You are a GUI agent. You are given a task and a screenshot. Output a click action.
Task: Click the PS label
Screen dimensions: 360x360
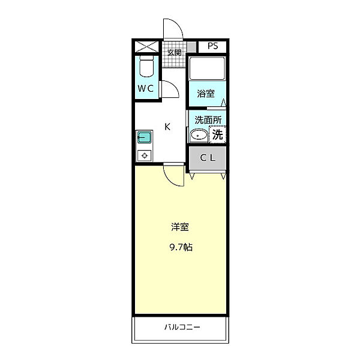click(212, 46)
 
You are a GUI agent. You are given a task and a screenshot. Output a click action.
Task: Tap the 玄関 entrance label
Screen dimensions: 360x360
click(174, 53)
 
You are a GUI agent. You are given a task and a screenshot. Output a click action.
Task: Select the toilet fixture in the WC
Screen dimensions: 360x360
click(146, 66)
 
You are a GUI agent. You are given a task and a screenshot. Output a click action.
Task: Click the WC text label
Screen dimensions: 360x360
click(146, 88)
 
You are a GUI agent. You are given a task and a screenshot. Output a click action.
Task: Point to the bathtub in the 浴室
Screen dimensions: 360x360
click(207, 68)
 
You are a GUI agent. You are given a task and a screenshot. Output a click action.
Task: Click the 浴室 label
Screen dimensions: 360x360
click(206, 94)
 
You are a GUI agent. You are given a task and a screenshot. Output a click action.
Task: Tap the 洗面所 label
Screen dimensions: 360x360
click(208, 120)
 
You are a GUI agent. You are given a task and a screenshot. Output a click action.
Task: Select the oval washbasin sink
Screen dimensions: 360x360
click(199, 135)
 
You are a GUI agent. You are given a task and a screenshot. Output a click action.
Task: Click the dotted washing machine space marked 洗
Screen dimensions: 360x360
click(217, 134)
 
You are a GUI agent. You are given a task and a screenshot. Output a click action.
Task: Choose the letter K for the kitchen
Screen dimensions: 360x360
click(167, 127)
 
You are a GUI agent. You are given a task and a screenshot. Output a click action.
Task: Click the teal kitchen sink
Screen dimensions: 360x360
click(144, 137)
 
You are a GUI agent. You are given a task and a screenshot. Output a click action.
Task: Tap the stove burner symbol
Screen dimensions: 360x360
click(145, 155)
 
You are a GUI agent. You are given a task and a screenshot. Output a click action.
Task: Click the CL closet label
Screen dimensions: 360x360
click(208, 158)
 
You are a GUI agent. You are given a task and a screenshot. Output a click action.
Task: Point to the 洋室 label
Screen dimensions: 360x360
click(180, 227)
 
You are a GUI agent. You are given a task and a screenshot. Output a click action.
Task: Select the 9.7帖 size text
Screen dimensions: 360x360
click(181, 247)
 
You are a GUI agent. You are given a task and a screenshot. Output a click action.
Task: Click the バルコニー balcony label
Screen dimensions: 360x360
click(182, 327)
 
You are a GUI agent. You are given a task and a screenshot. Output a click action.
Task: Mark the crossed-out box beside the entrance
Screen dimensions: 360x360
click(146, 47)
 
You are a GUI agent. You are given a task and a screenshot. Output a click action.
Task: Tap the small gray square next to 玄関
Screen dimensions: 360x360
click(191, 47)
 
